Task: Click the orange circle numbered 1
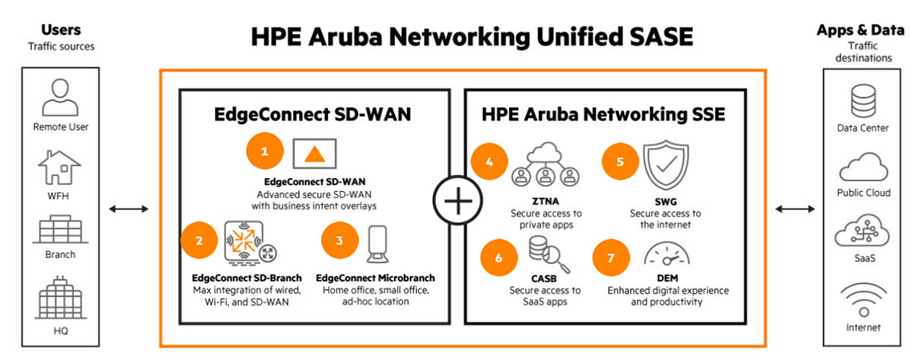265,151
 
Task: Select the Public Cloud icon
862,166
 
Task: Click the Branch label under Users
60,255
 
